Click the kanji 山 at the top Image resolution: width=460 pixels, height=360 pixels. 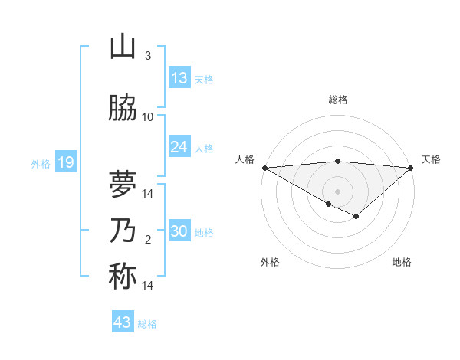[x=123, y=47]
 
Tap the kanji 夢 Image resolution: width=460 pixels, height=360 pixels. [x=123, y=184]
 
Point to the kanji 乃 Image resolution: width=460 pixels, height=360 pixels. [x=123, y=231]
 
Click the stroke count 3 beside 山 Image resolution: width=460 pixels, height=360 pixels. [x=148, y=56]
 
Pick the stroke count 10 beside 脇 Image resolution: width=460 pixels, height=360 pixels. [x=148, y=117]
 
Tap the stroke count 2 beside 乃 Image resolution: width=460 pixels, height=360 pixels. [x=148, y=240]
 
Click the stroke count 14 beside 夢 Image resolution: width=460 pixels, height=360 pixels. [x=148, y=194]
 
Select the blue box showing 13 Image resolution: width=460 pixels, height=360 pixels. [x=179, y=78]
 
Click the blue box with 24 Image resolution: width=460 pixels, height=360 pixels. [x=179, y=147]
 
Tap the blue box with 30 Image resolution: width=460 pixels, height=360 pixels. [x=179, y=231]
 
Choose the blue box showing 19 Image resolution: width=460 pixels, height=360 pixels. [x=65, y=162]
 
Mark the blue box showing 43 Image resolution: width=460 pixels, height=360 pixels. [x=123, y=322]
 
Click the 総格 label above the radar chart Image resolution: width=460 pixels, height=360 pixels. [x=337, y=100]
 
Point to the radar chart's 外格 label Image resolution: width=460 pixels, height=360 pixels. [x=270, y=262]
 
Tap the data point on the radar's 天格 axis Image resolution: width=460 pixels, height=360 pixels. [x=411, y=168]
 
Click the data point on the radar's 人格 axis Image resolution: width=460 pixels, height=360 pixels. [x=264, y=168]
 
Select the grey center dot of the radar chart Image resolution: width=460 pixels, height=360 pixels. [x=337, y=191]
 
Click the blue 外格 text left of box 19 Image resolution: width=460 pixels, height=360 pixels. [x=41, y=163]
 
